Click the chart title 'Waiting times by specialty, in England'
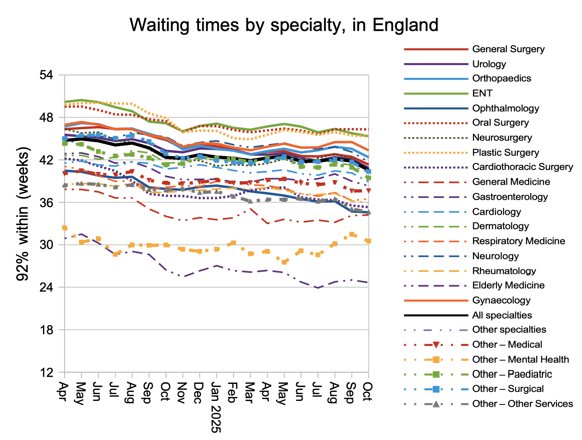click(284, 25)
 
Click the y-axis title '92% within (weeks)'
click(23, 214)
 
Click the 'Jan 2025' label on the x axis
click(215, 407)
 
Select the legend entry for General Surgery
click(508, 49)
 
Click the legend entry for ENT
click(482, 94)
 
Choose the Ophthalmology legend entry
click(505, 108)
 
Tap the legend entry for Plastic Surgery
click(505, 152)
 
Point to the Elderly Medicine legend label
click(508, 285)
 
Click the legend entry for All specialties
click(502, 315)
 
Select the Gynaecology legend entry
click(501, 300)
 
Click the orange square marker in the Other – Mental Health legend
click(436, 359)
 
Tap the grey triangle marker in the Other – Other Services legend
click(436, 404)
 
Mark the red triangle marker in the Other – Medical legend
click(436, 344)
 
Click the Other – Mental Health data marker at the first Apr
click(64, 228)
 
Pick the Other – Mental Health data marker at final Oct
click(368, 241)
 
